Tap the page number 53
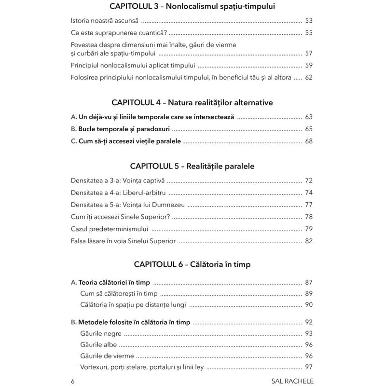coord(309,21)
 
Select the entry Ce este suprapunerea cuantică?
coord(119,33)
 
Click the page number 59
coord(309,65)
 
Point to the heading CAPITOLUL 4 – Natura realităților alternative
coord(193,103)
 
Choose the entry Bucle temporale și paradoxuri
coord(122,129)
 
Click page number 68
coord(309,141)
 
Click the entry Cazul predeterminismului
coord(109,228)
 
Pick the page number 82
coord(309,240)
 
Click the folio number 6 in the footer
coord(72,381)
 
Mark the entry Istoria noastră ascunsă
coord(104,21)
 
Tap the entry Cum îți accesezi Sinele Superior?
coord(120,216)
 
